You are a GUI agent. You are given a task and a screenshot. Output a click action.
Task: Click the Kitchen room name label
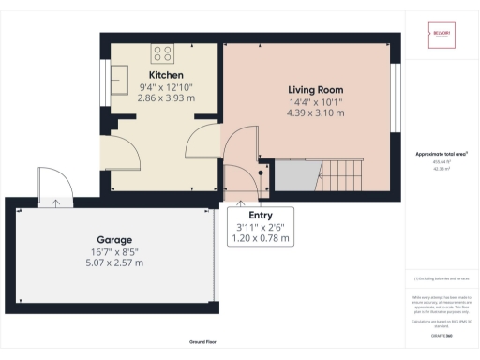pyautogui.click(x=165, y=75)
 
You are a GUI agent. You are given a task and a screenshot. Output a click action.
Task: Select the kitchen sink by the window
pyautogui.click(x=121, y=75)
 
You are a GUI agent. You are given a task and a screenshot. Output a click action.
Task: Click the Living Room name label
pyautogui.click(x=315, y=90)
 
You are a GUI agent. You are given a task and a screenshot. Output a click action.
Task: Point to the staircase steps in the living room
pyautogui.click(x=342, y=174)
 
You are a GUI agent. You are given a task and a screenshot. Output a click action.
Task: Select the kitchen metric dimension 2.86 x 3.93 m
pyautogui.click(x=165, y=97)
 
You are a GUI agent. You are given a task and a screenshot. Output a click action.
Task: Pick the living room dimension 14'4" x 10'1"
pyautogui.click(x=315, y=101)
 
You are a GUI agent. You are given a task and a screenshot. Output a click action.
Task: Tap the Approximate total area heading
pyautogui.click(x=441, y=153)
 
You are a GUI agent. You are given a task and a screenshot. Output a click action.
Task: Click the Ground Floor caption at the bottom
pyautogui.click(x=203, y=343)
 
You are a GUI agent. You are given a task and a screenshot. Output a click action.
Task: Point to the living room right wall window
pyautogui.click(x=395, y=84)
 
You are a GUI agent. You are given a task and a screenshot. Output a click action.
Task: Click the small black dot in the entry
pyautogui.click(x=261, y=172)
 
